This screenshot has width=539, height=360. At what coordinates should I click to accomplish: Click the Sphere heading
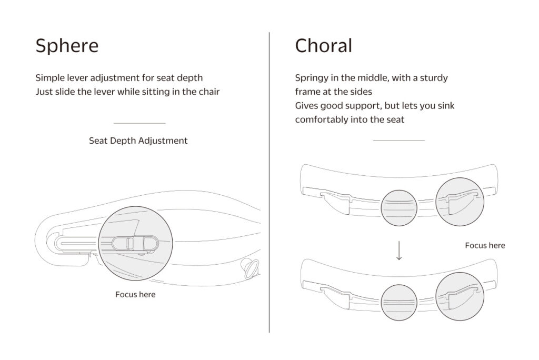(67, 46)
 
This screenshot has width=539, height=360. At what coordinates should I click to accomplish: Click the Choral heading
(324, 45)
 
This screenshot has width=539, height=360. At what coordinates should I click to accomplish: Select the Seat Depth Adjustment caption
(138, 141)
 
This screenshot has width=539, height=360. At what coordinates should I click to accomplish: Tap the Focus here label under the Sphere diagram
(135, 294)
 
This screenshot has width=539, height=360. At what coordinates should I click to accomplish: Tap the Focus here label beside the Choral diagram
(485, 245)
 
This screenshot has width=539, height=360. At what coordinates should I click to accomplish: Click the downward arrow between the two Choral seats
(399, 251)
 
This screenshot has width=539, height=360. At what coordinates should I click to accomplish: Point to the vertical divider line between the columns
(269, 182)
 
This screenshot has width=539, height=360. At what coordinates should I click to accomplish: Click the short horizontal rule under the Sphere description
(139, 123)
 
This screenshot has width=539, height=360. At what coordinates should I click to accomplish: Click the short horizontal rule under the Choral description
(399, 141)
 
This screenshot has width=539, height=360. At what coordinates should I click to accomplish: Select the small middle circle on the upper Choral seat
(399, 208)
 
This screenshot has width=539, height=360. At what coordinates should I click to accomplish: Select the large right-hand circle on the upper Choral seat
(460, 202)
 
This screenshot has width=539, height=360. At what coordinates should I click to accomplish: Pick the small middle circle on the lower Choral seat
(399, 303)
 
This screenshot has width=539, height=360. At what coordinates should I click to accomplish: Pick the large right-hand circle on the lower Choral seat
(460, 296)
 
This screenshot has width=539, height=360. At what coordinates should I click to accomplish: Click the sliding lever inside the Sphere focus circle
(134, 243)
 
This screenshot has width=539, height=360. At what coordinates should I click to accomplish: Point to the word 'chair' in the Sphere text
(209, 92)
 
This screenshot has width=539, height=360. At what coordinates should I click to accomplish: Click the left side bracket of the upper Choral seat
(335, 203)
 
